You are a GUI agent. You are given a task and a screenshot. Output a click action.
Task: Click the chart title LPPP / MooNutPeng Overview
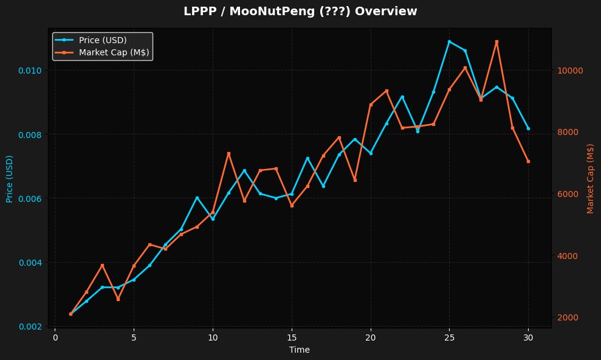300,12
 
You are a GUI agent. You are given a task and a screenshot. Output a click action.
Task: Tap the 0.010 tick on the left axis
30,70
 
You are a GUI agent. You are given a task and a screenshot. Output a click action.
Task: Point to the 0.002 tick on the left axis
30,327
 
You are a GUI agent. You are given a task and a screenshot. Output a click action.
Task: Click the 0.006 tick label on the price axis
30,198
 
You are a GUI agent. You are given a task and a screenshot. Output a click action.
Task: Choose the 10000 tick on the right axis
570,71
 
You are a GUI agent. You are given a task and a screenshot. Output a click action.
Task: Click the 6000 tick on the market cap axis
568,194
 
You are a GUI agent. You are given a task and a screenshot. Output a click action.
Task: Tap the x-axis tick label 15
292,337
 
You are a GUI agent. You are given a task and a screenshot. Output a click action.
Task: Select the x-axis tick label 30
528,337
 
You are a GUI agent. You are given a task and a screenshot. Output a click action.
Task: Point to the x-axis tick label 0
55,337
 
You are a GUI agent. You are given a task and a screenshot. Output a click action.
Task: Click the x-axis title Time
300,350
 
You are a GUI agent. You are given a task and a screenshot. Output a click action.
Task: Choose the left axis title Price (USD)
9,179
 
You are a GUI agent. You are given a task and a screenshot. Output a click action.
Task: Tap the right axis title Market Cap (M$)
590,179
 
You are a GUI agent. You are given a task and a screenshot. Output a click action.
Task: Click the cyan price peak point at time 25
449,41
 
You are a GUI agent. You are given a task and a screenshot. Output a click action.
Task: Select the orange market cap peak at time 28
496,41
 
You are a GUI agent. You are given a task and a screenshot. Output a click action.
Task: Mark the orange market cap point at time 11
228,153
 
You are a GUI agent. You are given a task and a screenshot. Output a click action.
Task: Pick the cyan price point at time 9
197,198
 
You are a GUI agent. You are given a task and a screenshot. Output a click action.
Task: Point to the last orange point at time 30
528,161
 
